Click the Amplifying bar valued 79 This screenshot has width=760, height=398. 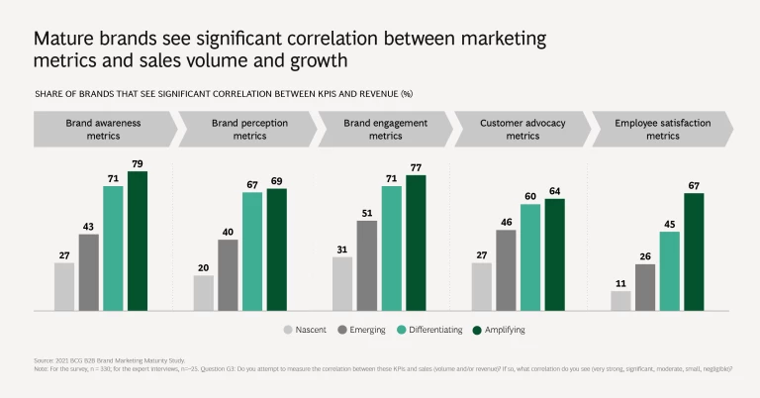137,241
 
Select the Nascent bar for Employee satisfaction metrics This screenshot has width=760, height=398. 620,300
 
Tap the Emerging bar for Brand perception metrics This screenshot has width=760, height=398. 228,274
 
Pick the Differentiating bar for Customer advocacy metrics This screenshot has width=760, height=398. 530,256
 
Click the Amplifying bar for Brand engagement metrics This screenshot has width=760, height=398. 416,242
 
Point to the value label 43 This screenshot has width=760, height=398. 88,228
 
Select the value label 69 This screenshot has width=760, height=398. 276,182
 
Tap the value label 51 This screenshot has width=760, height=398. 367,214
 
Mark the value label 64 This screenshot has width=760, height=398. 554,192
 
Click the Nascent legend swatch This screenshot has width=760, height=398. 289,330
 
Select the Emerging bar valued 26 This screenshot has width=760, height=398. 645,286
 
